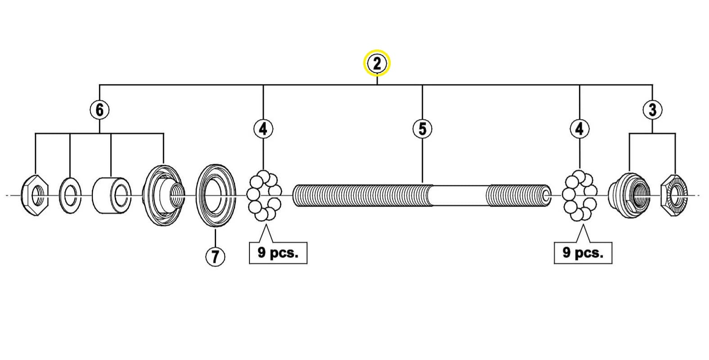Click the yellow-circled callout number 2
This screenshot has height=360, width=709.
pyautogui.click(x=377, y=63)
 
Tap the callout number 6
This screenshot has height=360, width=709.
pyautogui.click(x=99, y=110)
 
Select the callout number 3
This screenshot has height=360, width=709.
pyautogui.click(x=653, y=110)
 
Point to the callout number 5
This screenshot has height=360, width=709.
pyautogui.click(x=423, y=129)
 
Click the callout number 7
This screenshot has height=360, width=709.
pyautogui.click(x=215, y=256)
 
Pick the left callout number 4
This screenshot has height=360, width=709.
pyautogui.click(x=263, y=129)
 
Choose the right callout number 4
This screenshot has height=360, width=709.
pyautogui.click(x=579, y=129)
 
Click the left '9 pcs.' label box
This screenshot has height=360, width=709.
pyautogui.click(x=278, y=253)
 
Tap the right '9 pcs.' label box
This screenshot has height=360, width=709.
pyautogui.click(x=583, y=253)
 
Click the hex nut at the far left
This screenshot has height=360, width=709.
pyautogui.click(x=35, y=195)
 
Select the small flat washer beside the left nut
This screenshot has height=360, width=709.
pyautogui.click(x=70, y=195)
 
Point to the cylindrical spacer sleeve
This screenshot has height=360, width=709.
pyautogui.click(x=112, y=195)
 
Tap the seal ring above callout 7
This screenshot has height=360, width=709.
pyautogui.click(x=216, y=195)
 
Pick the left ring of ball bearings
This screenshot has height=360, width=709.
pyautogui.click(x=264, y=195)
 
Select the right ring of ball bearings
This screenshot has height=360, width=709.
pyautogui.click(x=579, y=195)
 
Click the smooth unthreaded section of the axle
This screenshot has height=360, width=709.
pyautogui.click(x=459, y=195)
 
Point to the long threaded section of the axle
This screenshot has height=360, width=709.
pyautogui.click(x=362, y=195)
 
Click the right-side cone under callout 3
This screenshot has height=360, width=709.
pyautogui.click(x=629, y=195)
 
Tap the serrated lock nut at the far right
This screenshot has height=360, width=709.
pyautogui.click(x=674, y=195)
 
